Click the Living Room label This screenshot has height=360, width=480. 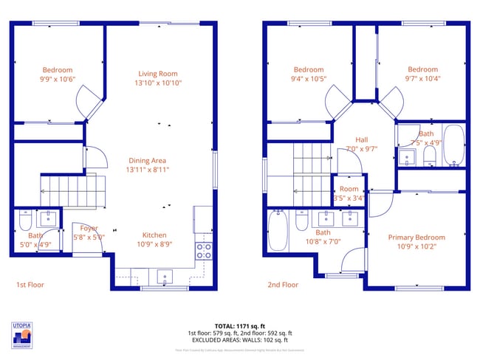[x=159, y=73]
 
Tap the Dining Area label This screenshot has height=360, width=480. [x=148, y=160]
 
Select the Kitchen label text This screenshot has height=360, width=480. [x=154, y=235]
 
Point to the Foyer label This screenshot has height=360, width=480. [x=89, y=228]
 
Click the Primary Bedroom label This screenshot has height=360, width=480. [x=416, y=237]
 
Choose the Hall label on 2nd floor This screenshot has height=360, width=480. [x=362, y=139]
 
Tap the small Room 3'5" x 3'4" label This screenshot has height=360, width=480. [x=349, y=189]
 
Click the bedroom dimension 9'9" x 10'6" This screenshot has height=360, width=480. [x=57, y=79]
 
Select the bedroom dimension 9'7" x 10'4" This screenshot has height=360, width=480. [x=422, y=79]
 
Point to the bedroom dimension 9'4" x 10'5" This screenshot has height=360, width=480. [x=308, y=79]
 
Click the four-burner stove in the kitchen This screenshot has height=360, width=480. [x=203, y=251]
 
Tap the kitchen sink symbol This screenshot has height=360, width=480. [x=164, y=277]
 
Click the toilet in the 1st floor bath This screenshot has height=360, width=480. [x=24, y=220]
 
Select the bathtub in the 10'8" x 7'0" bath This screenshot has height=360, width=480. [x=278, y=230]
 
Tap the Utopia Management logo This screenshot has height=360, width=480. [x=23, y=335]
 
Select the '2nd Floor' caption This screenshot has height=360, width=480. [x=283, y=284]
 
